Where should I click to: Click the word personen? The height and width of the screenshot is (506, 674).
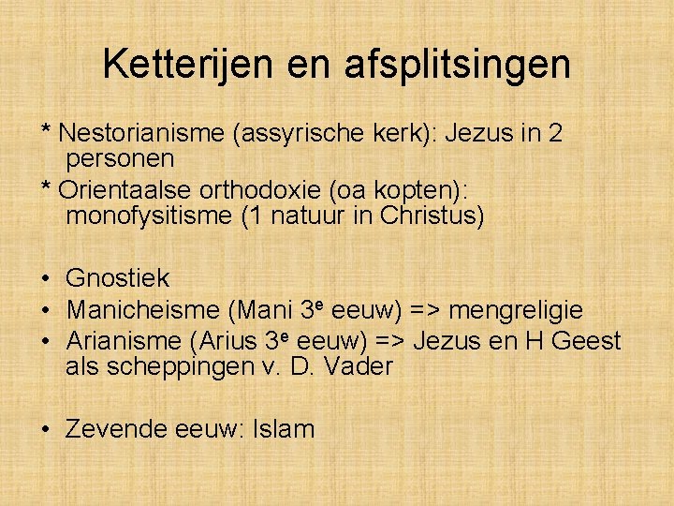click(121, 158)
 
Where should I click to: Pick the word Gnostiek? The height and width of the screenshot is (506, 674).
click(118, 278)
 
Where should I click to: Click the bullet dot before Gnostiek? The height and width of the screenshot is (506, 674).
click(45, 279)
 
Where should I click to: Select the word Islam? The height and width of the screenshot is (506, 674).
click(284, 429)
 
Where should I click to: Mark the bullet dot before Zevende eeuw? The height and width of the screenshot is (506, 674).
click(45, 430)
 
